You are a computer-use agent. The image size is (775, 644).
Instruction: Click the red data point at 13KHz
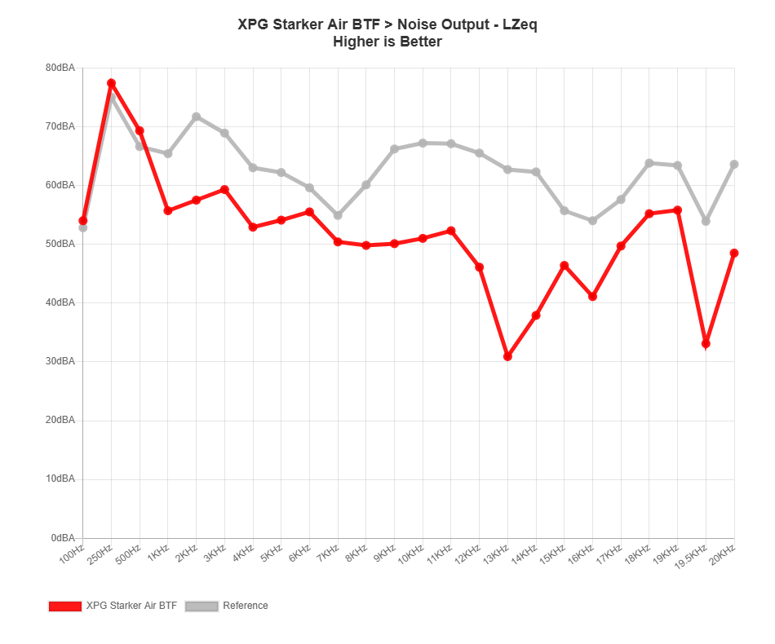click(507, 357)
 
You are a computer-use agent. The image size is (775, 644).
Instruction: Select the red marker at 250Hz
click(111, 83)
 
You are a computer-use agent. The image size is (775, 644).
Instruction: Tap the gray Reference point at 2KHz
click(196, 117)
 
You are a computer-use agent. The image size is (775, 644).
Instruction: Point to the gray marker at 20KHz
click(734, 164)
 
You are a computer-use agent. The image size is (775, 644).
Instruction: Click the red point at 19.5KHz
click(706, 345)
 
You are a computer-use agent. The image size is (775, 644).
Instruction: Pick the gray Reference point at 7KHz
click(338, 215)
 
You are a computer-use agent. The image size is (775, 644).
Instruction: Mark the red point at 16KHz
click(592, 297)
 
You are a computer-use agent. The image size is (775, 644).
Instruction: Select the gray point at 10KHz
click(423, 143)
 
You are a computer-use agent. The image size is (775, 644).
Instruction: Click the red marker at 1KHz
click(168, 210)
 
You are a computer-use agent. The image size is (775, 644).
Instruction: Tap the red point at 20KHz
click(734, 253)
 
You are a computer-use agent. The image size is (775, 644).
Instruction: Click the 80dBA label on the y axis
click(60, 68)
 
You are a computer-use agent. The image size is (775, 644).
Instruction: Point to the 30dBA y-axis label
click(60, 361)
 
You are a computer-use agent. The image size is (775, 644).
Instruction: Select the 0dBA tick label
click(63, 537)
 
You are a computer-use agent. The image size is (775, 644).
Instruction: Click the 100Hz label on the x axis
click(72, 555)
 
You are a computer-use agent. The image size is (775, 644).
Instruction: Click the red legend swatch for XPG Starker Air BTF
click(65, 606)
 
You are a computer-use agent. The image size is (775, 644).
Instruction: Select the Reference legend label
click(246, 606)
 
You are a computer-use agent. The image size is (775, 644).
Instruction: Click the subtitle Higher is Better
click(387, 42)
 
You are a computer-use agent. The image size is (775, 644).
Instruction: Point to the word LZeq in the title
click(520, 24)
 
